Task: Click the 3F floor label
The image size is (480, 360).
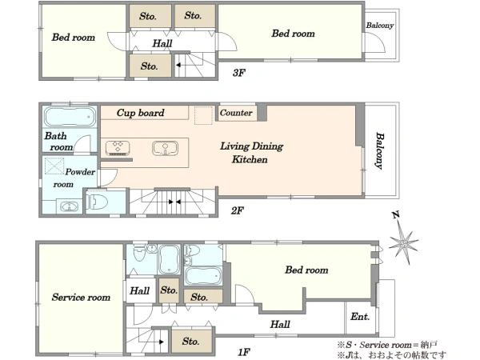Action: tap(239, 73)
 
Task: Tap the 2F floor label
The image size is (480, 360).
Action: tap(238, 210)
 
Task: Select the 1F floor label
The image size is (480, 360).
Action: tap(244, 352)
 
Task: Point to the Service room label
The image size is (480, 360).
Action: tap(81, 298)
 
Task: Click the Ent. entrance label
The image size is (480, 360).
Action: tap(360, 317)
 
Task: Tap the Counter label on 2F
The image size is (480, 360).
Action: tap(236, 113)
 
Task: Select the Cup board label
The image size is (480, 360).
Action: tap(141, 113)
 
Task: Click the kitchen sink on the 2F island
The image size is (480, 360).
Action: tap(166, 148)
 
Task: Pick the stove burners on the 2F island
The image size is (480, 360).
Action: tap(118, 148)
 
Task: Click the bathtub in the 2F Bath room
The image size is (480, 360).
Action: tap(70, 117)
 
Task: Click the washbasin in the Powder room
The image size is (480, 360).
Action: tap(69, 206)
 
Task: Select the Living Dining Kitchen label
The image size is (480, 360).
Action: tap(251, 153)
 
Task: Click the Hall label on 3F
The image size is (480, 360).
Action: tap(162, 43)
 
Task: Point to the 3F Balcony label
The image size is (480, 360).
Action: tap(379, 26)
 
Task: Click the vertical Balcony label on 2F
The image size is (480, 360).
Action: tap(379, 150)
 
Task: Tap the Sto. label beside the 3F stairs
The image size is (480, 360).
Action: tap(149, 66)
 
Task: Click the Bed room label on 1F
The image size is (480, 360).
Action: tap(306, 270)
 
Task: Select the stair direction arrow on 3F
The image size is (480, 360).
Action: tap(178, 65)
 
